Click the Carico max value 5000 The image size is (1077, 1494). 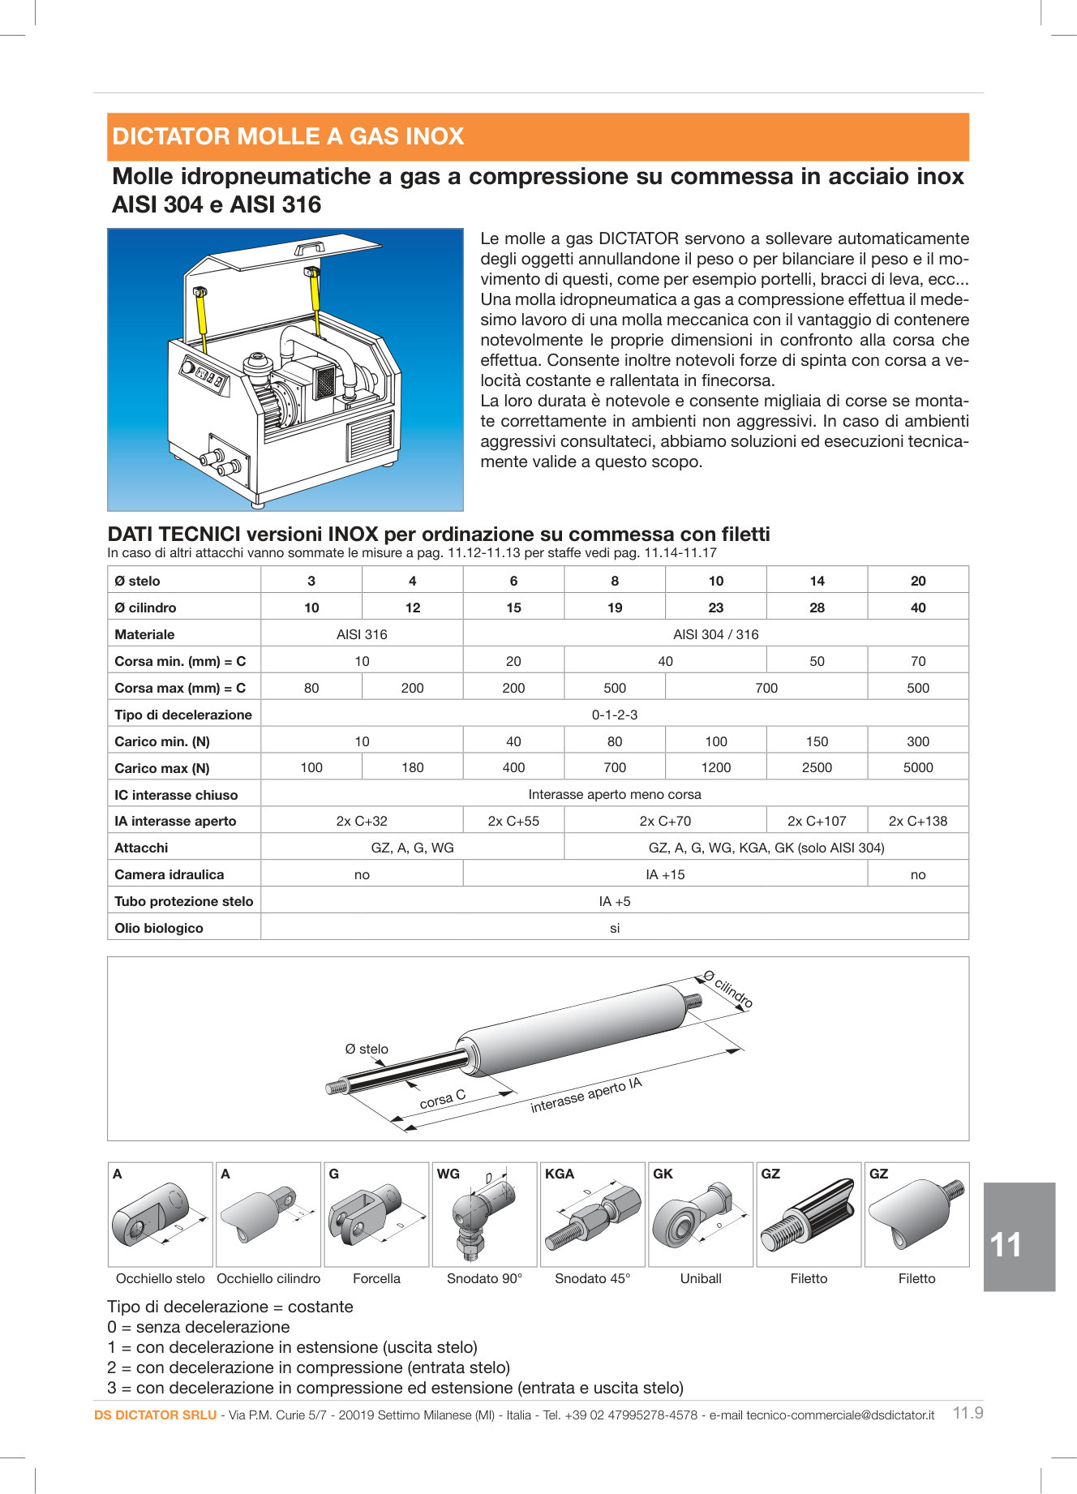[x=917, y=767]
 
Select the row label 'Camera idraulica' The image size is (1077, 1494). [x=169, y=874]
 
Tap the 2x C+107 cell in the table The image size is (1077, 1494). [x=816, y=821]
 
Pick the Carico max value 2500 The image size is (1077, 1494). [x=816, y=767]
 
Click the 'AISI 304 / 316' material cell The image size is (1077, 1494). [x=715, y=634]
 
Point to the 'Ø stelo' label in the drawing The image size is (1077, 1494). [x=367, y=1049]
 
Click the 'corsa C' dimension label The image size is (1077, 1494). [x=442, y=1099]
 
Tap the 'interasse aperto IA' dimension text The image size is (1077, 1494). [x=586, y=1095]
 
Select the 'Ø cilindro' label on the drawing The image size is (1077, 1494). [x=728, y=990]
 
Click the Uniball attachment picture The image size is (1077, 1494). [x=700, y=1215]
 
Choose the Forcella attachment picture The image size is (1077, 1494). [x=375, y=1215]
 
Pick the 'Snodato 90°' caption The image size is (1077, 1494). [x=484, y=1278]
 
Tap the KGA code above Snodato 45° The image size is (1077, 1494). [x=560, y=1174]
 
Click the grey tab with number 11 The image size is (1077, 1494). [x=1019, y=1237]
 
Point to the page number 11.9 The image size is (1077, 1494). [x=968, y=1413]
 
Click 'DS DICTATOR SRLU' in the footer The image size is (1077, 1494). [x=155, y=1415]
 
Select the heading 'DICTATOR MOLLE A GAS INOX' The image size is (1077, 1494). [x=288, y=136]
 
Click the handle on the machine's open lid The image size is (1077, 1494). [x=308, y=247]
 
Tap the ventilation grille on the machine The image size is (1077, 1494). [x=371, y=437]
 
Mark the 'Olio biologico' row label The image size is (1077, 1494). [x=158, y=928]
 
